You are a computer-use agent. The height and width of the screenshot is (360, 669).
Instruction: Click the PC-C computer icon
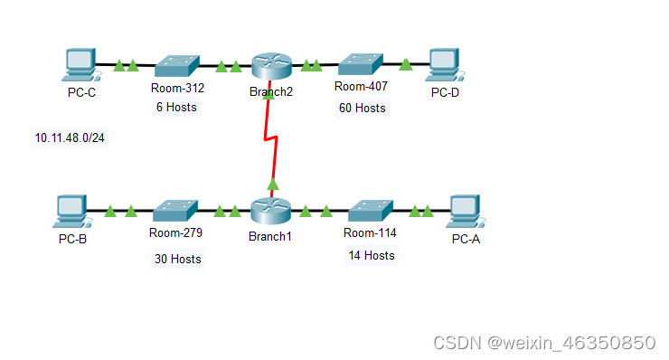click(x=80, y=64)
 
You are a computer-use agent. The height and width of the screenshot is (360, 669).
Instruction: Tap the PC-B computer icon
click(x=71, y=212)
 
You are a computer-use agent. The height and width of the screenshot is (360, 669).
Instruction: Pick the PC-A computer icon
click(x=465, y=212)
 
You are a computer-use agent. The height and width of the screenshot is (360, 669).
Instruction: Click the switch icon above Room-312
click(x=175, y=65)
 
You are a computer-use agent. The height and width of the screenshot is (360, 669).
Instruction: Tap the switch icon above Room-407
click(x=360, y=63)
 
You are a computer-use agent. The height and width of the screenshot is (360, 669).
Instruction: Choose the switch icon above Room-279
click(x=175, y=212)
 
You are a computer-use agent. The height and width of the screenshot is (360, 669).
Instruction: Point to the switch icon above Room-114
click(x=369, y=212)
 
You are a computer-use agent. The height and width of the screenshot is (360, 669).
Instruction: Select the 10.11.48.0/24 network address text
click(x=70, y=138)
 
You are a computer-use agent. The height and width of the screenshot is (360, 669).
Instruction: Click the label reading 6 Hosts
click(x=175, y=107)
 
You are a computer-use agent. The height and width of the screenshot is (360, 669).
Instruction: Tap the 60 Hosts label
click(x=362, y=109)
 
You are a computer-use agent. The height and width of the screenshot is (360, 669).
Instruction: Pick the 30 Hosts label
click(x=178, y=259)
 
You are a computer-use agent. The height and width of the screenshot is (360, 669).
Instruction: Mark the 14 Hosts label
click(x=372, y=255)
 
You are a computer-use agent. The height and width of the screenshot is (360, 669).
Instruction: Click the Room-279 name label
click(x=175, y=233)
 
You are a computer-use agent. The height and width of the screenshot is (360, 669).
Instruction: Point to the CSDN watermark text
click(x=544, y=343)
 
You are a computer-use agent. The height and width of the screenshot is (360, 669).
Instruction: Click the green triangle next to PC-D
click(x=406, y=63)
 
